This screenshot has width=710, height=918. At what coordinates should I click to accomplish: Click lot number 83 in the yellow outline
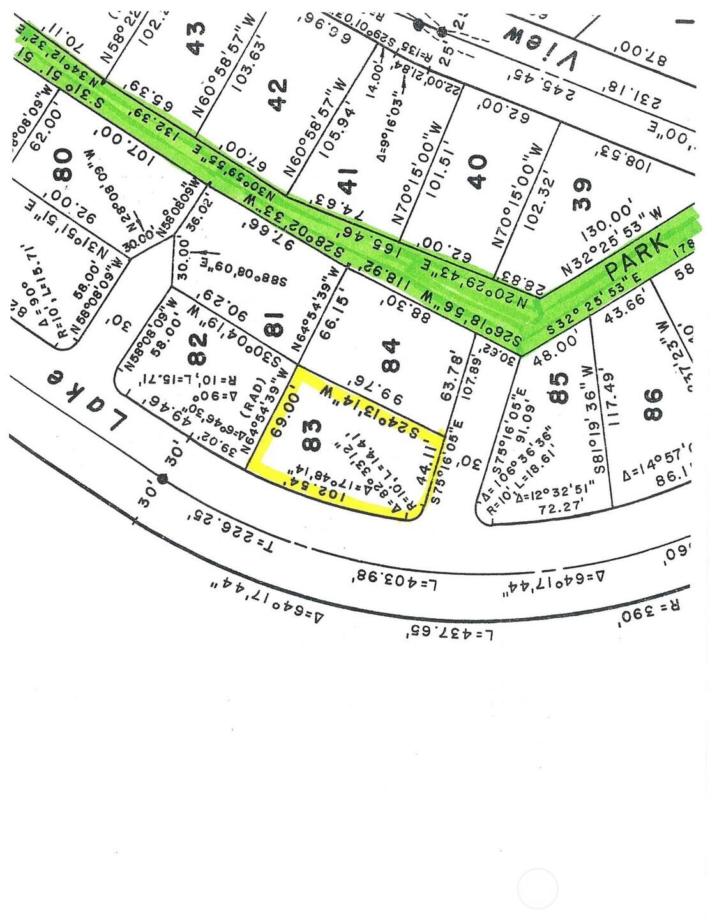click(x=313, y=437)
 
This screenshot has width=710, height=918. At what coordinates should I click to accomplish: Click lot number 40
click(x=478, y=171)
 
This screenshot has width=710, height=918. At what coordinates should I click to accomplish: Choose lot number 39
click(x=581, y=194)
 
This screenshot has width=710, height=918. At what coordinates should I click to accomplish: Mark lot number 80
click(x=63, y=164)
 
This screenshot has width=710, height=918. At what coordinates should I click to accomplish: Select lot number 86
click(x=654, y=404)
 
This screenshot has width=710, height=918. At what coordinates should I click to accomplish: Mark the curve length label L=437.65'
click(x=451, y=633)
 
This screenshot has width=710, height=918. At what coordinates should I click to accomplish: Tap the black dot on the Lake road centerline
click(x=163, y=478)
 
